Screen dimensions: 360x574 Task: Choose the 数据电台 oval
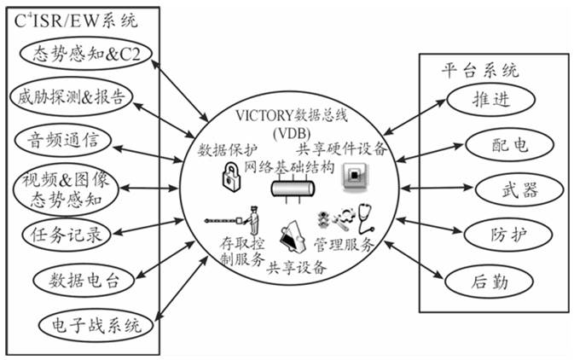78,279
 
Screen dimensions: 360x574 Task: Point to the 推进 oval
490,99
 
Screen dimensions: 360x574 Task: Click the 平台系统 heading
479,70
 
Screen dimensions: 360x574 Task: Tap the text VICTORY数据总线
293,115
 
